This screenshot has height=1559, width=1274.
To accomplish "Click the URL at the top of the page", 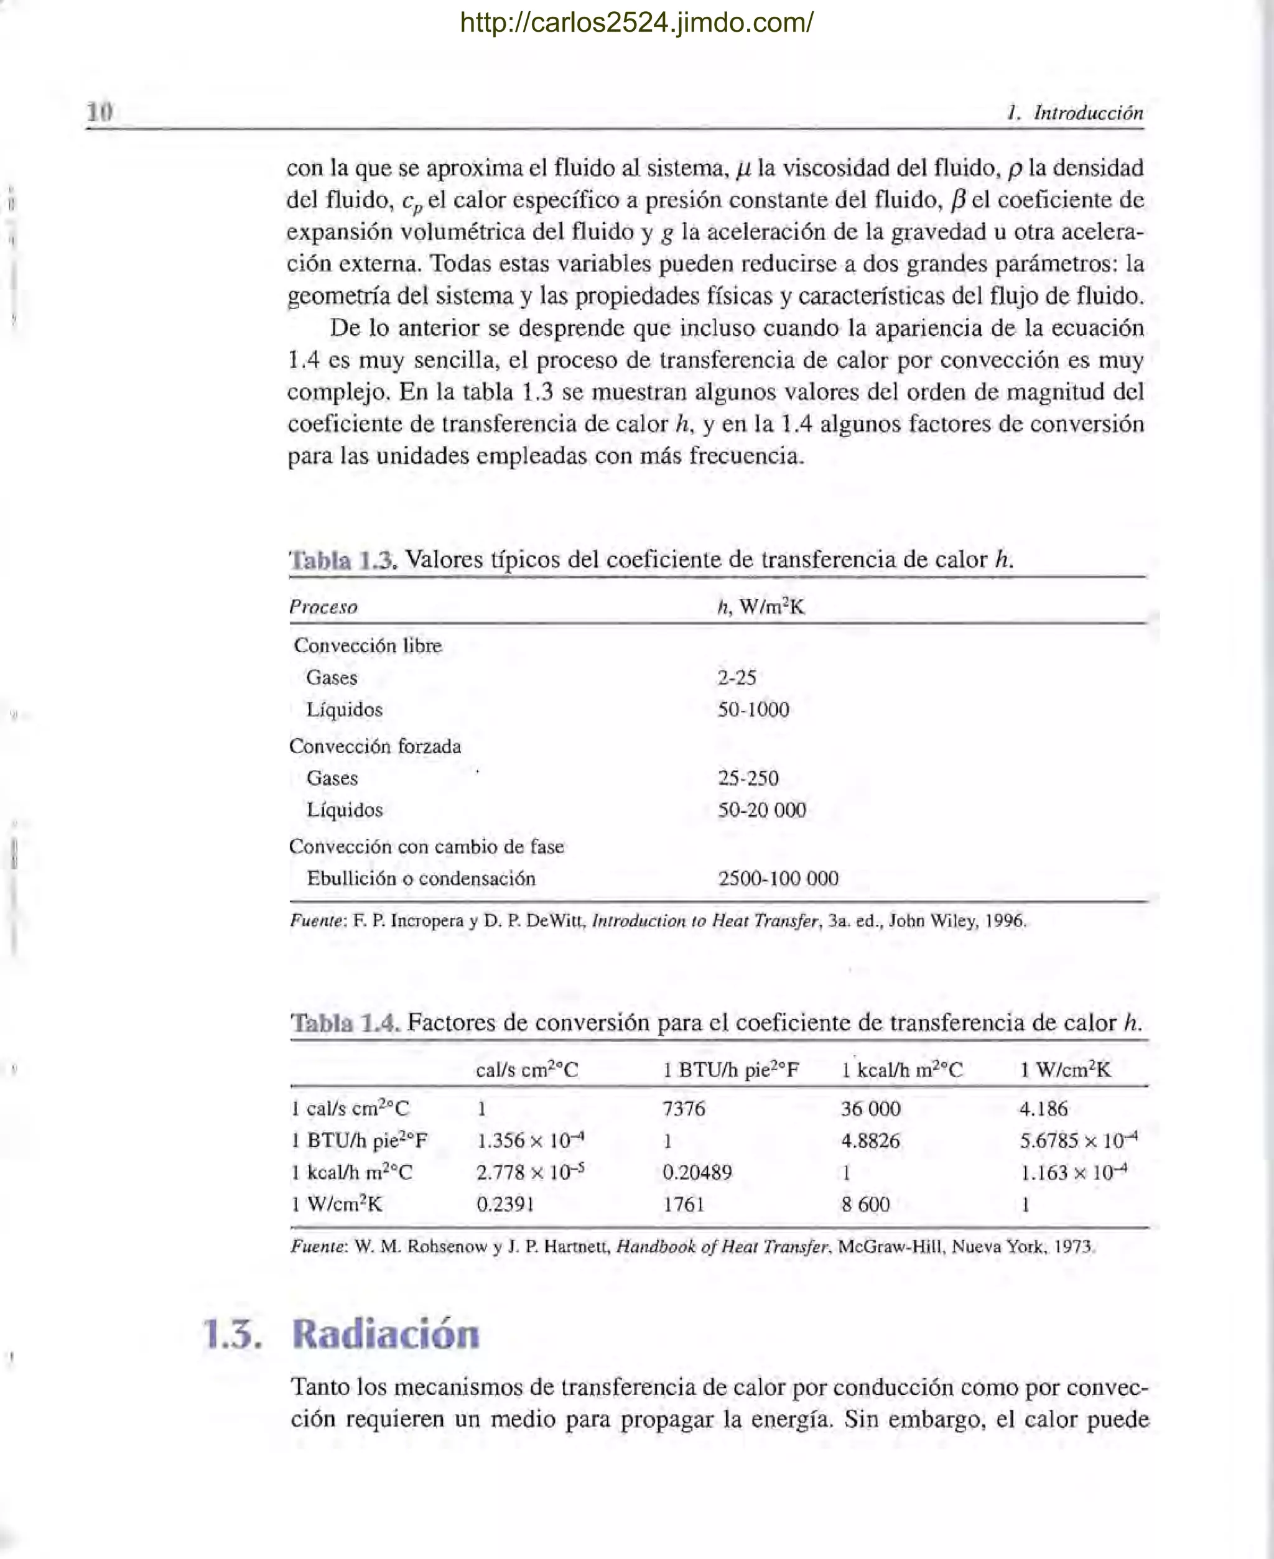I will (x=636, y=24).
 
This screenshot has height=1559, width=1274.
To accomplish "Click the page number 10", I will (x=100, y=113).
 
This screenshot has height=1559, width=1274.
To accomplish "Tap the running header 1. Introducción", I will (x=1075, y=113).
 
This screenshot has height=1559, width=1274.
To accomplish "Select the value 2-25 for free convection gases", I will (x=736, y=677).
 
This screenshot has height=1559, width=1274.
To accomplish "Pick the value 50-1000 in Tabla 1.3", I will (x=753, y=710).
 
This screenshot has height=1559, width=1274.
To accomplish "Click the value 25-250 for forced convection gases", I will (x=748, y=778).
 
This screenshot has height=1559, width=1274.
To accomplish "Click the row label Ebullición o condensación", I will (x=421, y=878).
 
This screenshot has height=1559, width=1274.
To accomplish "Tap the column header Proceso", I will (x=323, y=607).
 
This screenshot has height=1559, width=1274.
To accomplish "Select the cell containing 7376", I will (x=683, y=1109).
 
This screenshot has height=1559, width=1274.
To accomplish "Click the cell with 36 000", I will (x=870, y=1109).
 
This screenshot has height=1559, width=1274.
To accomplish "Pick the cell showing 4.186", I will (x=1043, y=1109).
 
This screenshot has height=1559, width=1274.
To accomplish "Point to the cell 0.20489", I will (x=697, y=1172).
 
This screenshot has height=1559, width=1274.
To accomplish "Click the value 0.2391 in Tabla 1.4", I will (x=505, y=1205).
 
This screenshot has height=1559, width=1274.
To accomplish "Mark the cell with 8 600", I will (x=865, y=1205).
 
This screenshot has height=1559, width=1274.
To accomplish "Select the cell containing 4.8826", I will (x=870, y=1141).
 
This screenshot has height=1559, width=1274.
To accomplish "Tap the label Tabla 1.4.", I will (x=344, y=1023).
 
